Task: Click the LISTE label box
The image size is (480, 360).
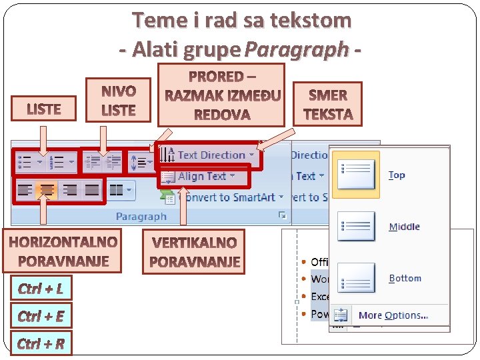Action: click(44, 109)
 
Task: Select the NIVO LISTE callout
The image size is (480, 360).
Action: click(119, 101)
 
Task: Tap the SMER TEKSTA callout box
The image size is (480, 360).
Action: click(327, 105)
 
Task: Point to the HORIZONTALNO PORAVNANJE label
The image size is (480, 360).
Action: click(63, 251)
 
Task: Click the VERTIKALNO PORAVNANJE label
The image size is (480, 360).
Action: click(195, 251)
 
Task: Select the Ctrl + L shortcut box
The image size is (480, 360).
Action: click(41, 288)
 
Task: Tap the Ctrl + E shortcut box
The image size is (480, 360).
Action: click(41, 315)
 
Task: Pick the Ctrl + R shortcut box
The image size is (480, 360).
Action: click(41, 343)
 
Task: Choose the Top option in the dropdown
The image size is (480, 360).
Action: click(373, 175)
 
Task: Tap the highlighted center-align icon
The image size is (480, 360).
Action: click(46, 191)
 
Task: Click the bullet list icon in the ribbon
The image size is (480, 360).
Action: click(27, 161)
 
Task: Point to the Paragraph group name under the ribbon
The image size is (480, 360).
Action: click(141, 217)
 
